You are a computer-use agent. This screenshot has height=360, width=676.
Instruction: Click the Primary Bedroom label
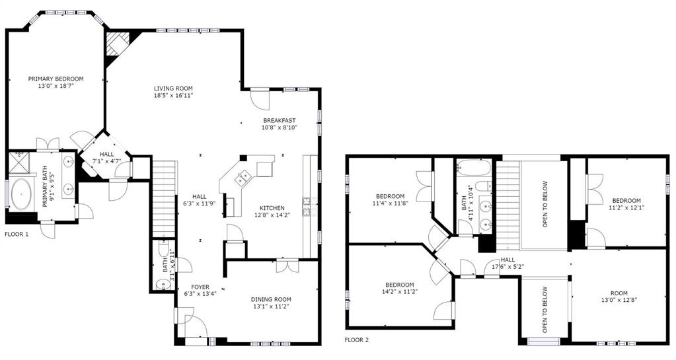point(56,79)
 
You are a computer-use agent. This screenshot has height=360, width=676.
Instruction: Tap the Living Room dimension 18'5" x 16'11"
point(173,95)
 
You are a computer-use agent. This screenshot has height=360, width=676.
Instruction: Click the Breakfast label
point(280,120)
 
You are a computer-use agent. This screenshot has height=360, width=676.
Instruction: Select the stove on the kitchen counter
point(309,206)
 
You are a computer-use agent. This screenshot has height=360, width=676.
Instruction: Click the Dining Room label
point(271,299)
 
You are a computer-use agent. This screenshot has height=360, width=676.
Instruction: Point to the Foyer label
point(200,287)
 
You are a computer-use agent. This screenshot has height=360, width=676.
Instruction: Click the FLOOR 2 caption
point(357,340)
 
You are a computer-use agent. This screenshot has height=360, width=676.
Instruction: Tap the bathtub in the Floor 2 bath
point(474,168)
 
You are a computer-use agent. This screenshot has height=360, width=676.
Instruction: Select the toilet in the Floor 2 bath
point(485,186)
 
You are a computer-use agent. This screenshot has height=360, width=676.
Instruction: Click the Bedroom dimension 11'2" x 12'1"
point(626,207)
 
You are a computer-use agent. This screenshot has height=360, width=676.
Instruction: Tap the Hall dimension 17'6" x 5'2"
point(508,266)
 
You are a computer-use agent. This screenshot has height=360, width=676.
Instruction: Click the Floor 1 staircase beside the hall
point(165,198)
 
